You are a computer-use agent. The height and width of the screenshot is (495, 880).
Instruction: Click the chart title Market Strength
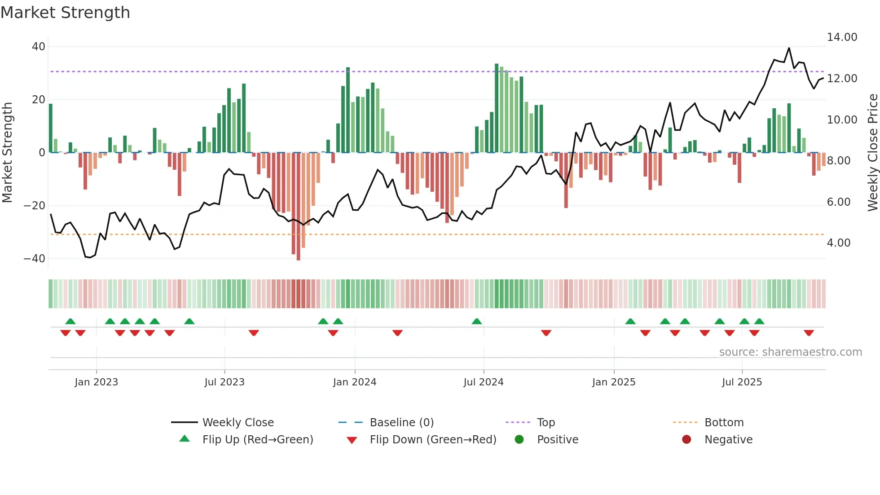coord(65,13)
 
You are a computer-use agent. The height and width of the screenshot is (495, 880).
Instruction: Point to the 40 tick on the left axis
coord(39,47)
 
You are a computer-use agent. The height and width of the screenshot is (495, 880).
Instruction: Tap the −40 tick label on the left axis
coord(35,259)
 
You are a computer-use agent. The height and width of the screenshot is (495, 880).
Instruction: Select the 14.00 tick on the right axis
coord(842,37)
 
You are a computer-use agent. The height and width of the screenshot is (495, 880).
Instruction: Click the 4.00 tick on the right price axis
coord(838,243)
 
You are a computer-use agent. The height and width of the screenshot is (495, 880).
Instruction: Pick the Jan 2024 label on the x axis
coord(354,382)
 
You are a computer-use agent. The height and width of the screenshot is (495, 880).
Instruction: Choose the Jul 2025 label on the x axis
coord(742,382)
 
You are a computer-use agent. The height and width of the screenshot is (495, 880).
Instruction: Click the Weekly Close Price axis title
coord(872,153)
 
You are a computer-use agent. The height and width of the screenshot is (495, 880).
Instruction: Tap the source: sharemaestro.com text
coord(790,352)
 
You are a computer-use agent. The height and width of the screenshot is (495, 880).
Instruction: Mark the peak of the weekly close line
coord(789,48)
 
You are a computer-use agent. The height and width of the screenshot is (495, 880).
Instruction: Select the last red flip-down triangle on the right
coord(809,333)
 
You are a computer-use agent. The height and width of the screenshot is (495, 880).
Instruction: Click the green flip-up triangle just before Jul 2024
coord(477,321)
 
